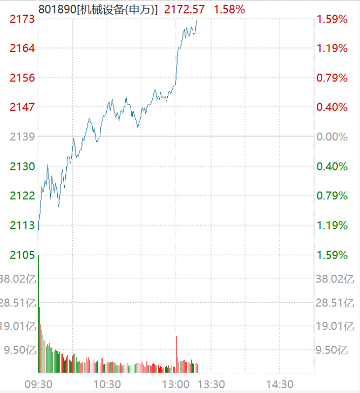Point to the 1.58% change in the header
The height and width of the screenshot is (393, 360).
(229, 9)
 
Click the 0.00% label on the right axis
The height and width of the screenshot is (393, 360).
(332, 137)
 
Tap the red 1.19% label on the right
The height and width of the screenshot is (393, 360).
(332, 49)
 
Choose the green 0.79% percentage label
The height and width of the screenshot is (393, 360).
(332, 195)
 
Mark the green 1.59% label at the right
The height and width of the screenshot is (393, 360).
(332, 254)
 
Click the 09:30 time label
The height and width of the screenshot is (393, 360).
(38, 384)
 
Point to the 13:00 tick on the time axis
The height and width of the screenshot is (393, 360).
(177, 384)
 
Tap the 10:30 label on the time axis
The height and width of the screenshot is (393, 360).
(107, 384)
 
